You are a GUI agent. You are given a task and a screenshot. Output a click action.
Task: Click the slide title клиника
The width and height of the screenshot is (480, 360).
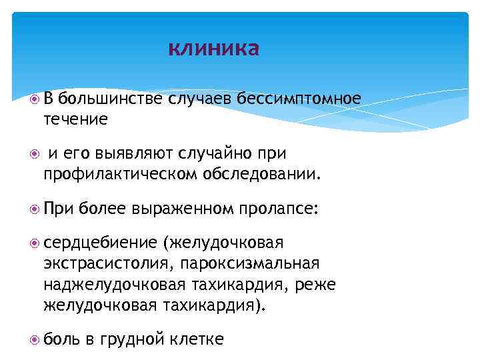(x=213, y=49)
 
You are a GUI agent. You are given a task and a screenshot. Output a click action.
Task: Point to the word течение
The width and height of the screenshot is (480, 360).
(x=75, y=119)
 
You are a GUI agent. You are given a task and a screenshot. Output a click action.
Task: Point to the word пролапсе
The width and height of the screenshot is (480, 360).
(x=278, y=209)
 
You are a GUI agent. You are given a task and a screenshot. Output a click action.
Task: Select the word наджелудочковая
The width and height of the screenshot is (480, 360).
(x=112, y=285)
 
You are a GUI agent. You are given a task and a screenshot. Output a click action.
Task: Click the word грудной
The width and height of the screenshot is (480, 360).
(x=131, y=340)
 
